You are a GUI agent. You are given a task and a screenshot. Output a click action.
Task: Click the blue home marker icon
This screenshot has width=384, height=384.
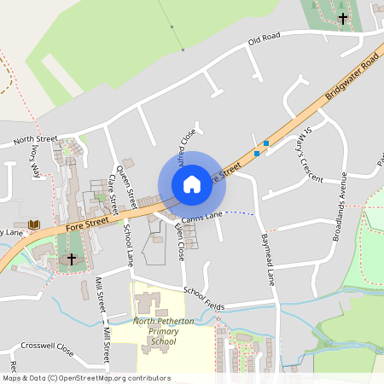(192, 184)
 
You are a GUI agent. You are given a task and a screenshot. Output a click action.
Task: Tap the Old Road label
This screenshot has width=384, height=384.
(264, 40)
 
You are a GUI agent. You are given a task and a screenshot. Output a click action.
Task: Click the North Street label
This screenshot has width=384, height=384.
(35, 138)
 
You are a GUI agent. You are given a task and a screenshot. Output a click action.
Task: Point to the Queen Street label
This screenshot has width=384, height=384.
(126, 186)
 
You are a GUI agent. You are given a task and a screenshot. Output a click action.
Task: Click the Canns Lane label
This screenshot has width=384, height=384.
(201, 216)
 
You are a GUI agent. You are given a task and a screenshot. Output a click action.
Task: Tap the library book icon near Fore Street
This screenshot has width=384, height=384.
(34, 225)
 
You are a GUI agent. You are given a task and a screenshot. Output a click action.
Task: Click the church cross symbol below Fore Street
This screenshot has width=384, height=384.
(71, 258)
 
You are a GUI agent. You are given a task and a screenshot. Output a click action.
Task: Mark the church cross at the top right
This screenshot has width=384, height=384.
(342, 17)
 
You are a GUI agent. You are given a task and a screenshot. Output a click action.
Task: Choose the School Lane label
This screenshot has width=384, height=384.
(129, 246)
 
